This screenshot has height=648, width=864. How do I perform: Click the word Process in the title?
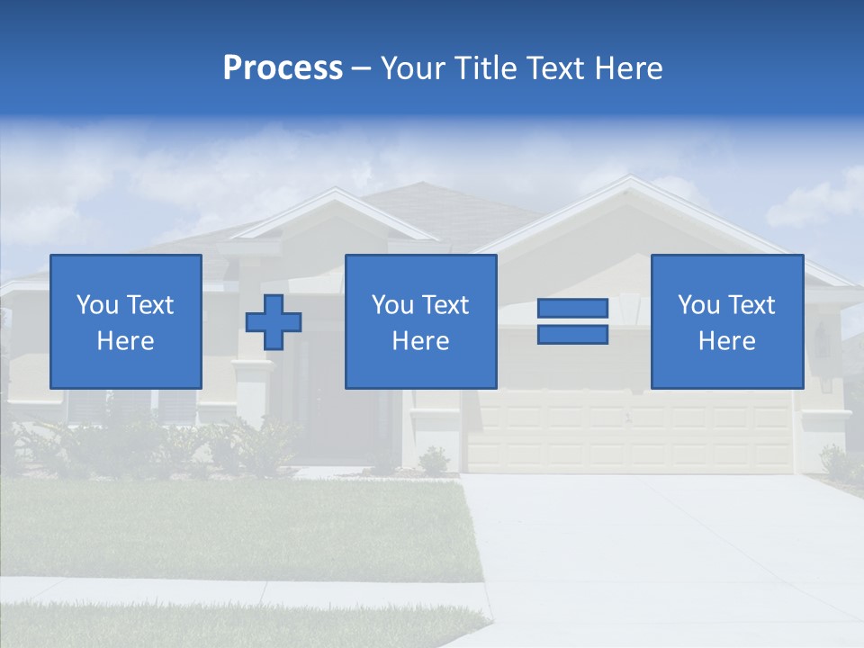283,68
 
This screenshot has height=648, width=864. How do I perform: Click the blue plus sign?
274,321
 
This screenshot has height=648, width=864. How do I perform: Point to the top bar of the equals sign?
572,309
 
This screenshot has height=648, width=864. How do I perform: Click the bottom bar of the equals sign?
572,334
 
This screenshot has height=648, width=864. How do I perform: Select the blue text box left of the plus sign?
126,321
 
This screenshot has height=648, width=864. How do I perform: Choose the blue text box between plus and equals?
420,321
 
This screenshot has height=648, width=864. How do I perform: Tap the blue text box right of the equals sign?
726,321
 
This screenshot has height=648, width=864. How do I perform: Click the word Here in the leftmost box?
126,341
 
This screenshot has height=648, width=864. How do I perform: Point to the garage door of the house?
630,432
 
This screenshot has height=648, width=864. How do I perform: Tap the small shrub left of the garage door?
434,461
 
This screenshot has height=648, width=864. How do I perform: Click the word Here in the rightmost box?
726,341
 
